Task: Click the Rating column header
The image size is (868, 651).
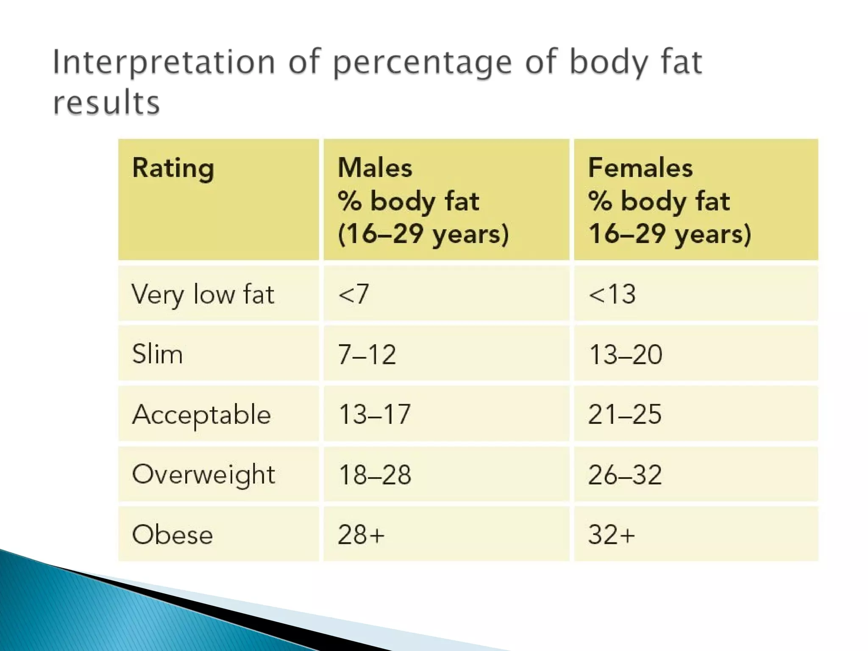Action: coord(173,168)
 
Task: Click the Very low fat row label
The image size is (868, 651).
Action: coord(203,294)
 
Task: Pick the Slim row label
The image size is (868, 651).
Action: coord(157,354)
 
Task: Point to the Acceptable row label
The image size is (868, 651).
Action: coord(201,415)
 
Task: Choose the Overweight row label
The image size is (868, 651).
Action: coord(203,474)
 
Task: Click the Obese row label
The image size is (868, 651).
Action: coord(172,534)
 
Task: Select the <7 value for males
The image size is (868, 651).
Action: coord(353,294)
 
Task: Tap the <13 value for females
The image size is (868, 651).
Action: coord(612,294)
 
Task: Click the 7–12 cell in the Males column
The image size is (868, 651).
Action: coord(367,354)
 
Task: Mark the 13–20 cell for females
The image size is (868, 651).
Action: coord(625,354)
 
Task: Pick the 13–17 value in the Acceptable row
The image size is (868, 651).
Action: coord(374,414)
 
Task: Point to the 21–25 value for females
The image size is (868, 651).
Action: coord(625,414)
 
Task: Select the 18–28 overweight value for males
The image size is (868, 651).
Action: coord(375,474)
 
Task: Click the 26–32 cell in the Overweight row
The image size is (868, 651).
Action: coord(625,474)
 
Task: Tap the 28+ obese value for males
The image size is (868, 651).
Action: coord(361,534)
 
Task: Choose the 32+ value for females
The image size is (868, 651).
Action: coord(612,534)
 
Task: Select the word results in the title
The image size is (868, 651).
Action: coord(106,103)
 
